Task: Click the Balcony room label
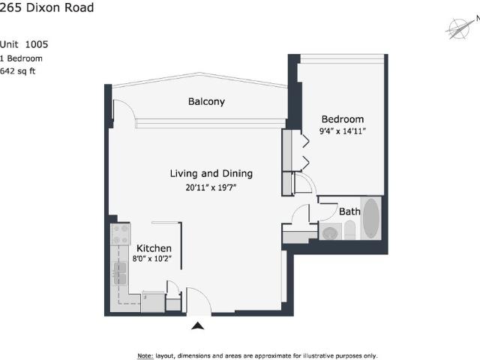tap(207, 101)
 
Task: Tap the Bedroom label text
tap(343, 119)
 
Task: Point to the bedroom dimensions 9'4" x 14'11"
tap(343, 132)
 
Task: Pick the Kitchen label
tap(154, 248)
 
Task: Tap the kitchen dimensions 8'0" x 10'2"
tap(154, 259)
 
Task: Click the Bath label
tap(349, 211)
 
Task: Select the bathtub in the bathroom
tap(371, 219)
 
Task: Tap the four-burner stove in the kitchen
tap(120, 234)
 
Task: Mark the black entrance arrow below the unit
tap(198, 325)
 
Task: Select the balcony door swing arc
tap(124, 112)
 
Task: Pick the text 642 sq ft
tap(18, 71)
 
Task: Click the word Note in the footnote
tap(145, 355)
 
